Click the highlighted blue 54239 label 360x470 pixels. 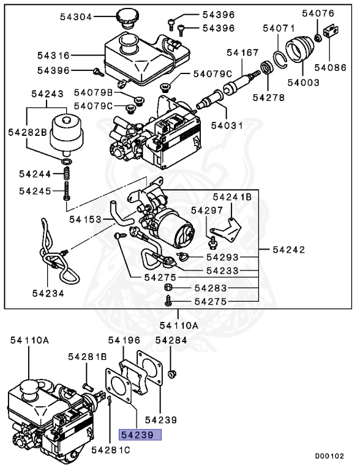pos(140,435)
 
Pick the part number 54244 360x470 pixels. pos(36,174)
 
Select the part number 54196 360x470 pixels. pos(124,340)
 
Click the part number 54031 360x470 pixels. pos(227,125)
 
